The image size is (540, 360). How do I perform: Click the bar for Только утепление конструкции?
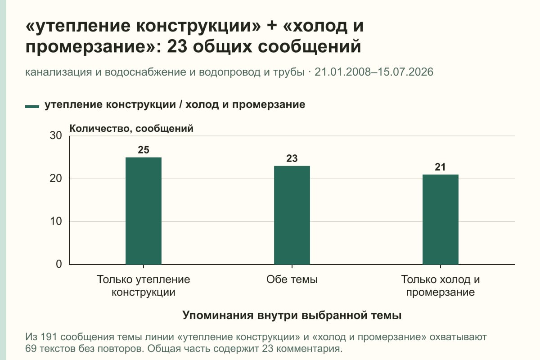(144, 211)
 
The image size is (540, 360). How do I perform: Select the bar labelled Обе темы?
(292, 215)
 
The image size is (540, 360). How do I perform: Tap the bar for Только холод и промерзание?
(441, 220)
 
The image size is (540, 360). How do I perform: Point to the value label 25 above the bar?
(144, 150)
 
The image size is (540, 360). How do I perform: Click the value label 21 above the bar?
(440, 167)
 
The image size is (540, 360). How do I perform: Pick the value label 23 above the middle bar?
(292, 158)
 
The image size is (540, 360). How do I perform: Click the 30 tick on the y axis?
(56, 135)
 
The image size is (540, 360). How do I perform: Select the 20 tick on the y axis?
(56, 179)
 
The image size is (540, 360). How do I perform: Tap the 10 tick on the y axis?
(56, 221)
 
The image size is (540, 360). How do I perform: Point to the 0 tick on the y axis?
(59, 264)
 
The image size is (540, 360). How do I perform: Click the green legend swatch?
(32, 107)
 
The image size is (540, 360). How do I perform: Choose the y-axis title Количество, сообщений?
(131, 129)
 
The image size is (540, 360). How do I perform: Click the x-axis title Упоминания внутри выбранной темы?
(292, 315)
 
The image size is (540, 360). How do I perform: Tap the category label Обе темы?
(292, 279)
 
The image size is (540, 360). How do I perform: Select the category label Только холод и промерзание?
(441, 286)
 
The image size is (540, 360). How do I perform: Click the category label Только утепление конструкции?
(144, 286)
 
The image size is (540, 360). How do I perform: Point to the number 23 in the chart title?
(177, 46)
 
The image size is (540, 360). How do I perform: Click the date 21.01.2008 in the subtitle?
(342, 72)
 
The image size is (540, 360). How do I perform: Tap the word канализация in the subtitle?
(58, 72)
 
